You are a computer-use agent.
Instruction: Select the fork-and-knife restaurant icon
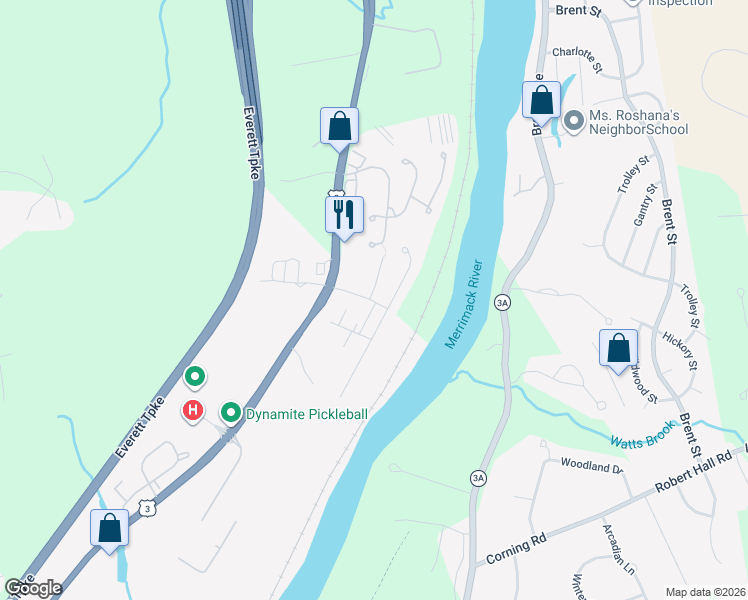pyautogui.click(x=343, y=215)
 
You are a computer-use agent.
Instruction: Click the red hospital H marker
pyautogui.click(x=193, y=410)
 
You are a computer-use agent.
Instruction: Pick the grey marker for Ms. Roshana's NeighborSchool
pyautogui.click(x=574, y=122)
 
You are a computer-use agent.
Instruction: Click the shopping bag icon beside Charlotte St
pyautogui.click(x=541, y=101)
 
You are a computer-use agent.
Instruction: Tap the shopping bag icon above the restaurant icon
pyautogui.click(x=339, y=126)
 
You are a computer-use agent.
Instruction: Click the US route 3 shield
pyautogui.click(x=148, y=508)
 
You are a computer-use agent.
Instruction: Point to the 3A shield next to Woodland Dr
pyautogui.click(x=478, y=479)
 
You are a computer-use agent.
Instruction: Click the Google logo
pyautogui.click(x=34, y=588)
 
